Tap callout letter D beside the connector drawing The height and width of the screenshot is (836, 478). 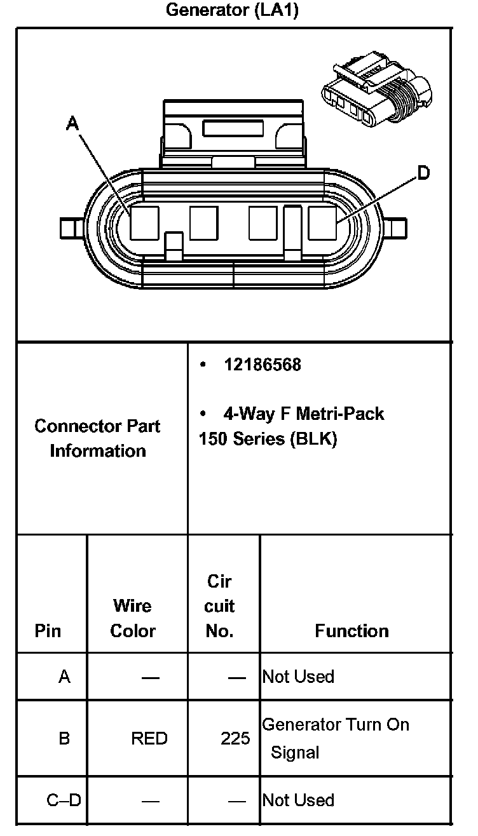pyautogui.click(x=423, y=173)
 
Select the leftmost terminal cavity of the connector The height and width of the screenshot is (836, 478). pyautogui.click(x=144, y=223)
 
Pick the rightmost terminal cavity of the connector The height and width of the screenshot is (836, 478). pyautogui.click(x=322, y=223)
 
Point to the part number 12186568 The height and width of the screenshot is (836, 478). pyautogui.click(x=262, y=365)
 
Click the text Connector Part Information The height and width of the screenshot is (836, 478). pyautogui.click(x=97, y=438)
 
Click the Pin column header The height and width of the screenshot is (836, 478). pyautogui.click(x=48, y=631)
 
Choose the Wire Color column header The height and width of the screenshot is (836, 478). pyautogui.click(x=132, y=618)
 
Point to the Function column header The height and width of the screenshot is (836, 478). pyautogui.click(x=352, y=631)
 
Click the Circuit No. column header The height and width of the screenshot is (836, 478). pyautogui.click(x=220, y=606)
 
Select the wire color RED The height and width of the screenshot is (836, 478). pyautogui.click(x=149, y=738)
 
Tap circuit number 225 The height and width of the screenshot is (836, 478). pyautogui.click(x=235, y=738)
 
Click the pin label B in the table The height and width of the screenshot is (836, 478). pyautogui.click(x=64, y=738)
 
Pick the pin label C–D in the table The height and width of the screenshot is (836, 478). pyautogui.click(x=64, y=800)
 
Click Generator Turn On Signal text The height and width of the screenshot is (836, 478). pyautogui.click(x=335, y=738)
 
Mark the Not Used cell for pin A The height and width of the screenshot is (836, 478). pyautogui.click(x=298, y=677)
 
